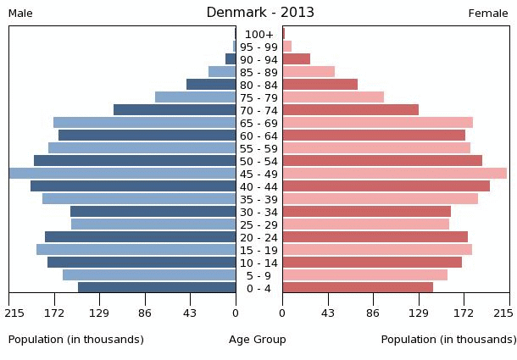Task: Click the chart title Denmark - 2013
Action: click(260, 13)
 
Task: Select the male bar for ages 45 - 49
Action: click(122, 174)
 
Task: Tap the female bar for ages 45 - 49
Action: click(394, 174)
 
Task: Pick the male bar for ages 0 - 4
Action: click(157, 288)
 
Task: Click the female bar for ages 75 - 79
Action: click(333, 97)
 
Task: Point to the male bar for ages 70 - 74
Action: click(175, 110)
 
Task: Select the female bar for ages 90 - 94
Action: click(296, 59)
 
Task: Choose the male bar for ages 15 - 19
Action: click(136, 250)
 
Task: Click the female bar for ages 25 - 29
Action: click(365, 224)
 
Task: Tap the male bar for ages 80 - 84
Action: click(211, 85)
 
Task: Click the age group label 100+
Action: click(258, 34)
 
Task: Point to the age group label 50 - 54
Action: click(258, 161)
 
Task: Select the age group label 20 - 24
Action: click(258, 237)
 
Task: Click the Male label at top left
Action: click(20, 14)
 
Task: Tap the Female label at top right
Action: click(488, 14)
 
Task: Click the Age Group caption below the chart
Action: click(258, 340)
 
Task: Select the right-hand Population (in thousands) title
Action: click(448, 340)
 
